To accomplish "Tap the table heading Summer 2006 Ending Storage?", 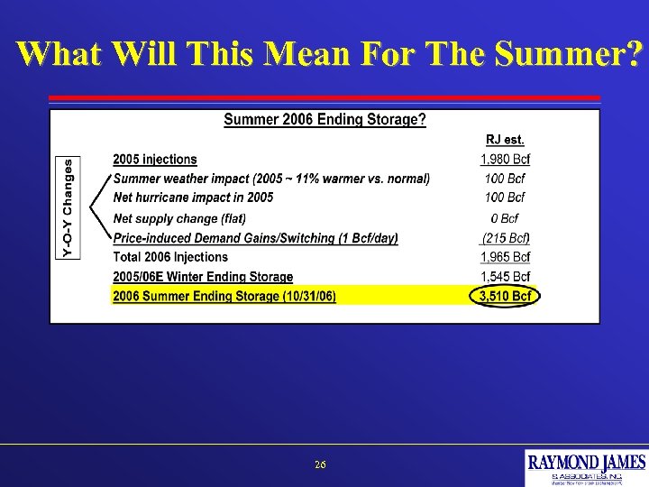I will [x=324, y=120].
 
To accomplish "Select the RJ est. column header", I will [x=505, y=140].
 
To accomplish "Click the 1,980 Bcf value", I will [x=505, y=161].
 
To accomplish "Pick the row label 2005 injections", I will [x=154, y=160].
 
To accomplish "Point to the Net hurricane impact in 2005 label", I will [x=193, y=197].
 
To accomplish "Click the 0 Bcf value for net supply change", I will [x=505, y=218].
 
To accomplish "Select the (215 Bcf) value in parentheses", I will [x=505, y=238].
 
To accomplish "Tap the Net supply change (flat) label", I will [x=179, y=218].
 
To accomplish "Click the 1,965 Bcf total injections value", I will [x=505, y=258].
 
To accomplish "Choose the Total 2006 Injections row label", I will [x=169, y=258].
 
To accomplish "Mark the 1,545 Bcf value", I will [x=505, y=277].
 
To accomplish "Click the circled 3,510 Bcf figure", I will [x=504, y=296].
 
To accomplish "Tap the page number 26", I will [x=321, y=464].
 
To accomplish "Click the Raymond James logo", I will [x=587, y=467].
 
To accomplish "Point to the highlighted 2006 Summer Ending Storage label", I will [x=224, y=296].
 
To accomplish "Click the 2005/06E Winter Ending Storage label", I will [x=203, y=277].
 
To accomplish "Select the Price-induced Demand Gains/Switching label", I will [x=255, y=238].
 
